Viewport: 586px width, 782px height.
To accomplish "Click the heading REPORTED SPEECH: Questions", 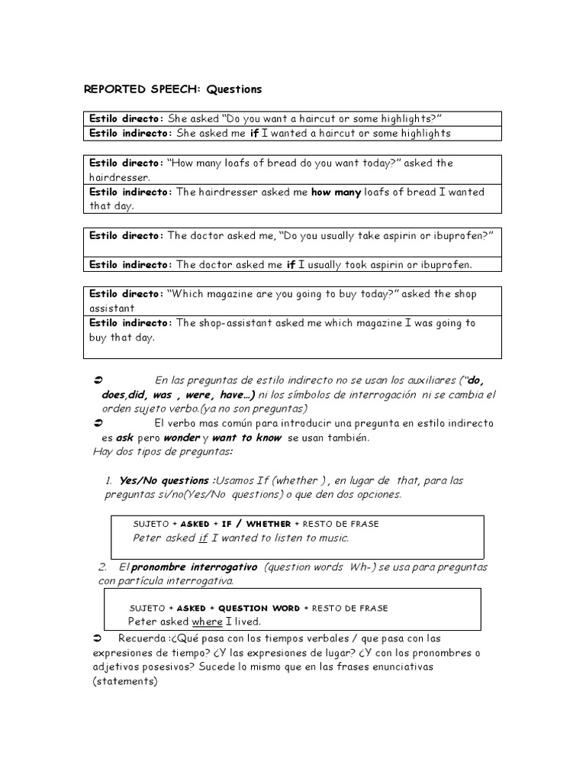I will (x=172, y=89).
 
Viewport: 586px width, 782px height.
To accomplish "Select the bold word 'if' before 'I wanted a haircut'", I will (x=254, y=133).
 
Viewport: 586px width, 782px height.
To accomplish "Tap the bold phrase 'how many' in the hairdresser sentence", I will (x=336, y=192).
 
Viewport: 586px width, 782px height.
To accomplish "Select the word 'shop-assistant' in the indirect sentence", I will (x=239, y=323).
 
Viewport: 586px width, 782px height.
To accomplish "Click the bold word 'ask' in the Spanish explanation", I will (x=125, y=438).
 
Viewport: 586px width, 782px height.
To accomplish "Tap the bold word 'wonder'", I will (x=180, y=438).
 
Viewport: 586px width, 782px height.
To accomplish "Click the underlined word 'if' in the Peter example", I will (x=203, y=538).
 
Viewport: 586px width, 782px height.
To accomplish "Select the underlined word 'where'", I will (x=207, y=622).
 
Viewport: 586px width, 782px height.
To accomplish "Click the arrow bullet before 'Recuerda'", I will (x=97, y=638).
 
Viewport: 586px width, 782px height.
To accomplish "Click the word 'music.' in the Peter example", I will (x=332, y=538).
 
